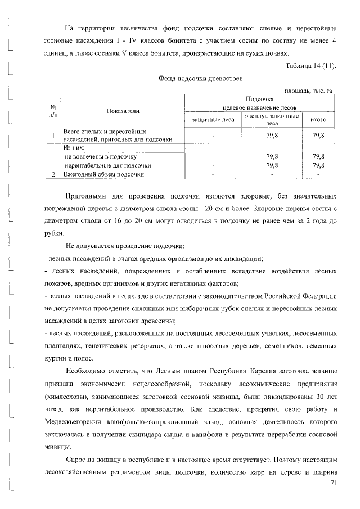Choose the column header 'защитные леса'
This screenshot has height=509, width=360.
point(213,119)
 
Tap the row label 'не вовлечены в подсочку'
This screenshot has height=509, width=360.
point(101,156)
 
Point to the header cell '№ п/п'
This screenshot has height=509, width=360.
point(52,111)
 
